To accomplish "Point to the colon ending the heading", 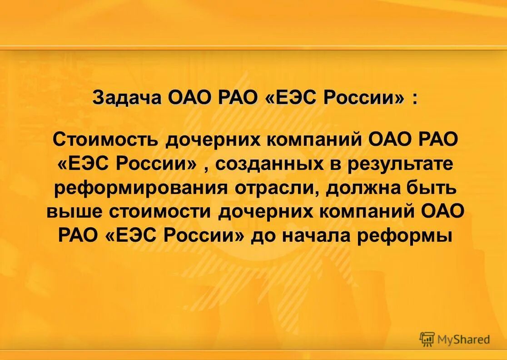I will pyautogui.click(x=414, y=99).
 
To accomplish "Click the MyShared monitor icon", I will pyautogui.click(x=427, y=339).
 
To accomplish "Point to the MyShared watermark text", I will pyautogui.click(x=463, y=339).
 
